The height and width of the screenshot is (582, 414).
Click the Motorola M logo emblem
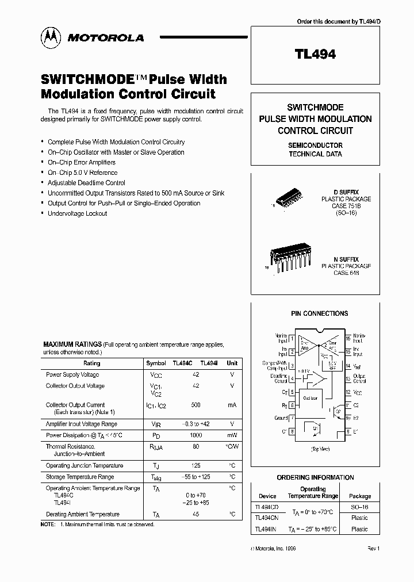pyautogui.click(x=52, y=37)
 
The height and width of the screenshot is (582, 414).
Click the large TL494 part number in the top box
pyautogui.click(x=315, y=54)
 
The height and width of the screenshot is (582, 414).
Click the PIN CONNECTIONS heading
pyautogui.click(x=319, y=313)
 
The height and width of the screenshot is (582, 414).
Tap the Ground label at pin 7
pyautogui.click(x=281, y=418)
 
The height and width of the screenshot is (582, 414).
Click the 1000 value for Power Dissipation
pyautogui.click(x=196, y=435)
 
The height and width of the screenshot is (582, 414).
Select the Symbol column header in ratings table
pyautogui.click(x=156, y=363)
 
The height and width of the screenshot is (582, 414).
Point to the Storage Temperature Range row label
pyautogui.click(x=80, y=477)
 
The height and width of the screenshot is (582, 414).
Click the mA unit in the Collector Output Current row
pyautogui.click(x=232, y=405)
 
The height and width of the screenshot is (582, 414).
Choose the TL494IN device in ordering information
pyautogui.click(x=264, y=529)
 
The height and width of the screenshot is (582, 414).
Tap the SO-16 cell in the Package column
pyautogui.click(x=359, y=507)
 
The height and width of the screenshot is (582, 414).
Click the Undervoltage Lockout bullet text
pyautogui.click(x=77, y=213)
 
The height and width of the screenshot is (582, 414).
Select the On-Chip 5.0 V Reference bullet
pyautogui.click(x=82, y=173)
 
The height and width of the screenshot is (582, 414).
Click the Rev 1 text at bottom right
pyautogui.click(x=374, y=549)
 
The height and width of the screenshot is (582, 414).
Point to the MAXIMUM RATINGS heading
pyautogui.click(x=72, y=344)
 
